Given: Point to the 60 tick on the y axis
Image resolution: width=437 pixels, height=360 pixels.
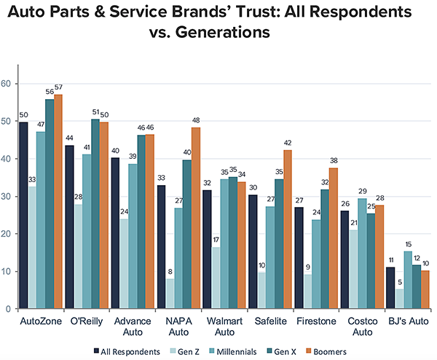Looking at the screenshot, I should pos(7,84).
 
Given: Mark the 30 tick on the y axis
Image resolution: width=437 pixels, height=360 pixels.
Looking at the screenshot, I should pos(7,197).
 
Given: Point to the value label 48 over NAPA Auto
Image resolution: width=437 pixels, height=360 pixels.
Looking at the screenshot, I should pos(195,122).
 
